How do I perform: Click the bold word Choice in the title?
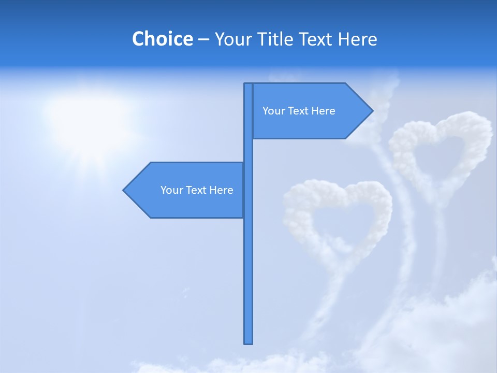[162, 39]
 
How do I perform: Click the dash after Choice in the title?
[203, 39]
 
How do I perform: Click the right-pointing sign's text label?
[299, 111]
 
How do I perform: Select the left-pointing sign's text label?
[197, 190]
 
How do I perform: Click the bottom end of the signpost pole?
[248, 342]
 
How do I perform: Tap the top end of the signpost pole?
[248, 85]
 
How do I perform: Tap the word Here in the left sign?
[221, 190]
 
